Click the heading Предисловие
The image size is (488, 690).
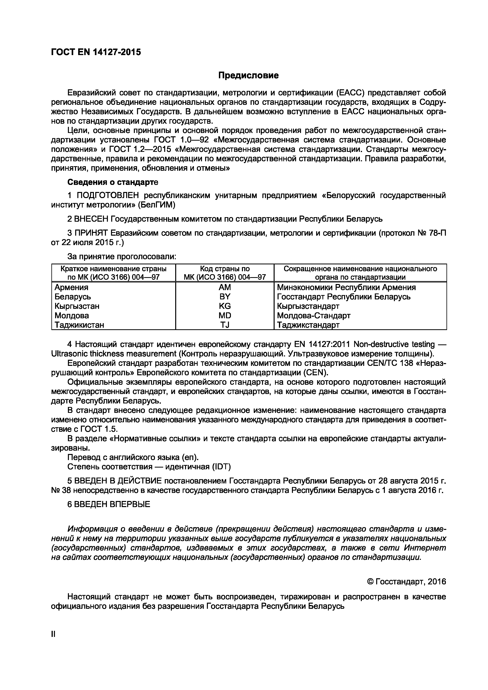248,75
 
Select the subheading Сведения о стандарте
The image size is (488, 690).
113,182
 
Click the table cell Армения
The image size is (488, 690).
72,287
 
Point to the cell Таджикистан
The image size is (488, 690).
79,325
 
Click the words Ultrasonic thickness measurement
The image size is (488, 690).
114,353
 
